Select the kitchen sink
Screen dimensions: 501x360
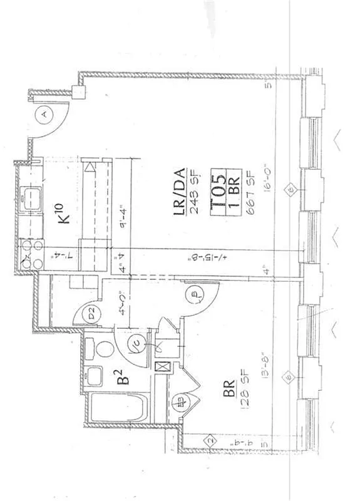point(29,199)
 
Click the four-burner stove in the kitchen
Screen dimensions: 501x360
point(29,250)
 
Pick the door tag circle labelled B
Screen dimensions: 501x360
point(194,292)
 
